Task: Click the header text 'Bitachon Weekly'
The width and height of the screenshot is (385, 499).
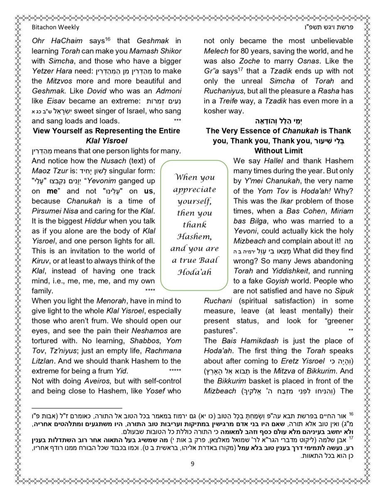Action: coord(55,27)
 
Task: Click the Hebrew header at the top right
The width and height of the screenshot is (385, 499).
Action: coord(329,27)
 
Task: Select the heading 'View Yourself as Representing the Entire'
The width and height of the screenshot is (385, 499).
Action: coord(106,131)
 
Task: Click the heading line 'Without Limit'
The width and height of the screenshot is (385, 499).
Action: coord(278,151)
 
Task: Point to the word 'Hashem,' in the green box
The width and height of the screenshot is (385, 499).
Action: coord(194,237)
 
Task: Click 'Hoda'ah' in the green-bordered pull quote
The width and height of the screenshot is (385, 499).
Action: coord(194,272)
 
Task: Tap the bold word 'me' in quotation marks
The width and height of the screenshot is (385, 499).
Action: coord(51,191)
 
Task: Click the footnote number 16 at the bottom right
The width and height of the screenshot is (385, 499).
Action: coord(351,414)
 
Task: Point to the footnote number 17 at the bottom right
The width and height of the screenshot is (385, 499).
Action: coord(351,437)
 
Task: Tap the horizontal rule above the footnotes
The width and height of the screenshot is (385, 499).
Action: coord(77,408)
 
